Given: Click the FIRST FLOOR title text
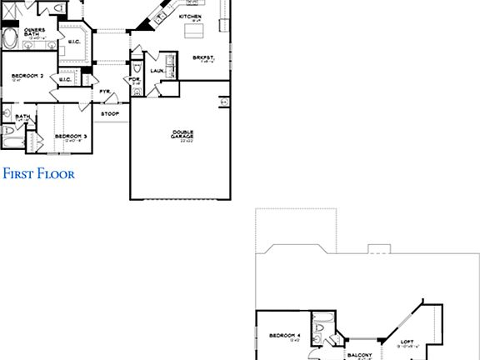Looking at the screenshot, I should coord(38,174).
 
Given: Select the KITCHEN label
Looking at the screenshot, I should coord(190,15).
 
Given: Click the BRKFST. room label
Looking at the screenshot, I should coord(202,57).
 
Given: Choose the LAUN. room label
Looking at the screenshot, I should coord(156,71).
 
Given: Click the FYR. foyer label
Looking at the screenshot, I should coord(105,91).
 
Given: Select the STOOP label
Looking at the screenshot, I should coord(109,112).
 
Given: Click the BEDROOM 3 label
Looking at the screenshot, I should coord(70,136).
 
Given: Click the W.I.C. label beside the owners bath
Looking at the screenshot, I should coord(73,42).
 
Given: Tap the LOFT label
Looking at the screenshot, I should coord(407,341).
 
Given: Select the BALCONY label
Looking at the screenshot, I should coord(359,353).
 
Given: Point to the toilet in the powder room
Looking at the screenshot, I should coord(136,93).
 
